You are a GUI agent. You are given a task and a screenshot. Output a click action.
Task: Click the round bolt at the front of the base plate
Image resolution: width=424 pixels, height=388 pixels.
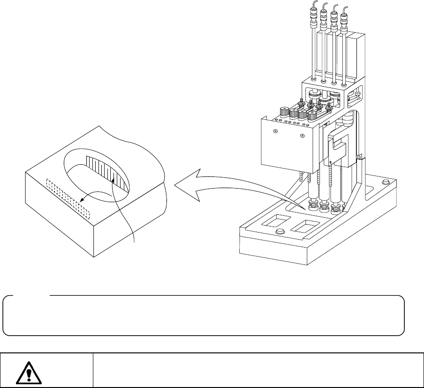pos(280,232)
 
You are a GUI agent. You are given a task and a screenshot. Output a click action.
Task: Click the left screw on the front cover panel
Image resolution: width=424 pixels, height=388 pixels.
pos(275,132)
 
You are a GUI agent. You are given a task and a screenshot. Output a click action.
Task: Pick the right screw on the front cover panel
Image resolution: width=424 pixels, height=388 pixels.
pos(302,136)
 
